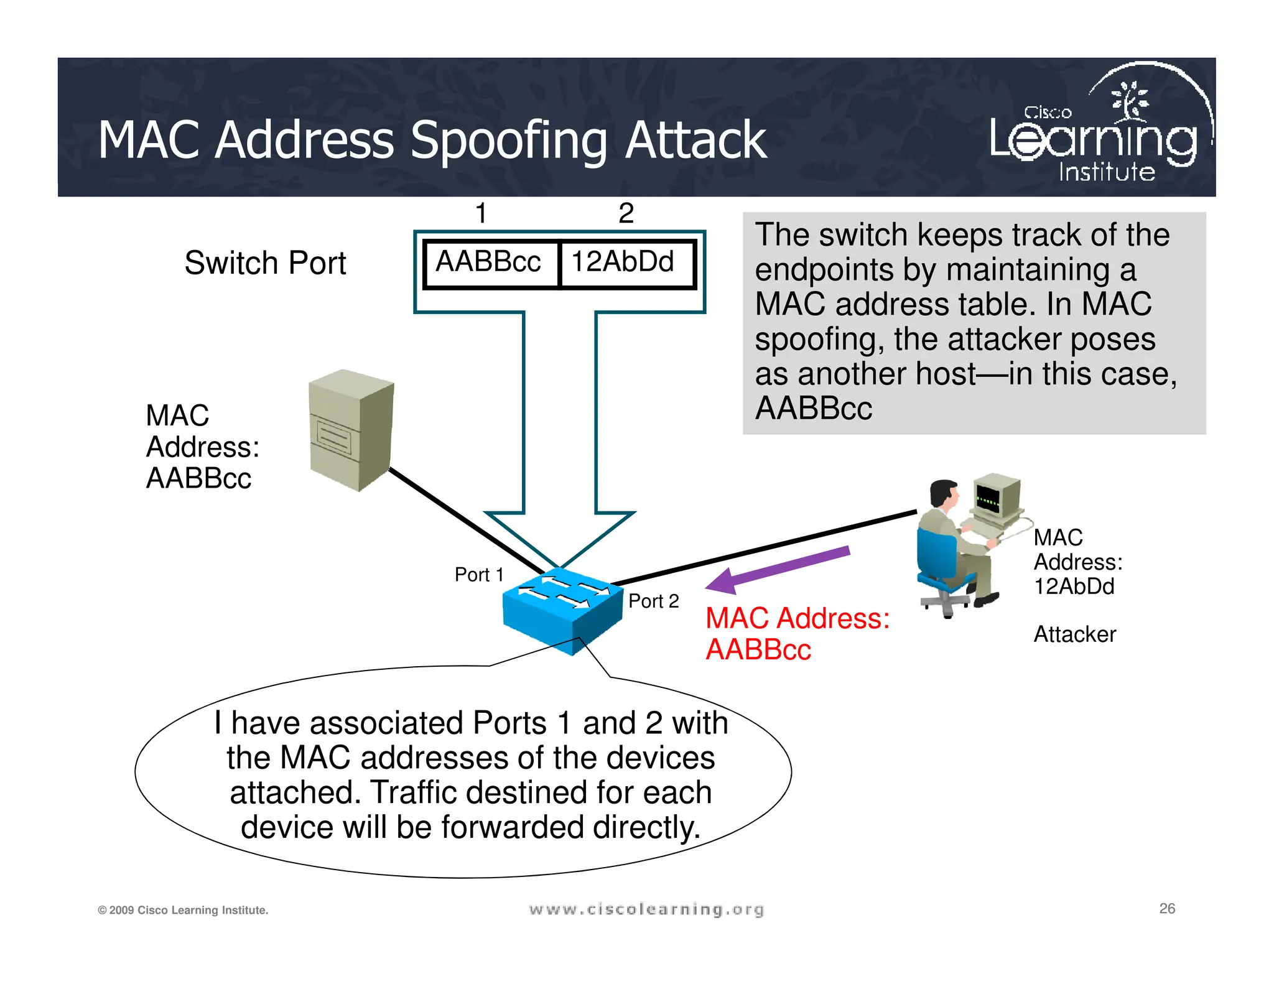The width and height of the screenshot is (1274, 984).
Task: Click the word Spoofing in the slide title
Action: pyautogui.click(x=508, y=141)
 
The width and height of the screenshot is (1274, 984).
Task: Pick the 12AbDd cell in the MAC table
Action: pyautogui.click(x=624, y=262)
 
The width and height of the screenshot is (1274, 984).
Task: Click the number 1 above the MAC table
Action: pyautogui.click(x=481, y=213)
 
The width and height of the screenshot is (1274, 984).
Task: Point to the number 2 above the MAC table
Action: pyautogui.click(x=626, y=213)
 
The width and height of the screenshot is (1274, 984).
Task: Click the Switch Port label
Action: pyautogui.click(x=265, y=262)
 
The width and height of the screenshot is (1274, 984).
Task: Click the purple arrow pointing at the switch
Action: pyautogui.click(x=778, y=569)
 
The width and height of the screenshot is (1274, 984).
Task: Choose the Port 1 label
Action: pyautogui.click(x=478, y=575)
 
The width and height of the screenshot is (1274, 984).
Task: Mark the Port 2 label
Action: pyautogui.click(x=653, y=601)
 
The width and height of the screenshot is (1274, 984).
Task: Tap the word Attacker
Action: pyautogui.click(x=1074, y=634)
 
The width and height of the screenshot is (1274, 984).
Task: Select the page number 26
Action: pyautogui.click(x=1167, y=908)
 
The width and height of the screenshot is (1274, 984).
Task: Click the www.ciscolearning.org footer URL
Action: pyautogui.click(x=646, y=909)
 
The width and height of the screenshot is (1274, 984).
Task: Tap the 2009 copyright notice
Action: pyautogui.click(x=183, y=910)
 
